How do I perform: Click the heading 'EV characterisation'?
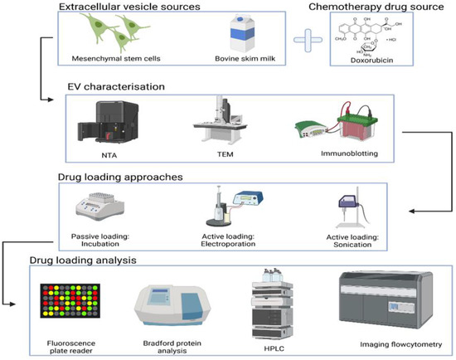tap(124, 86)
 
